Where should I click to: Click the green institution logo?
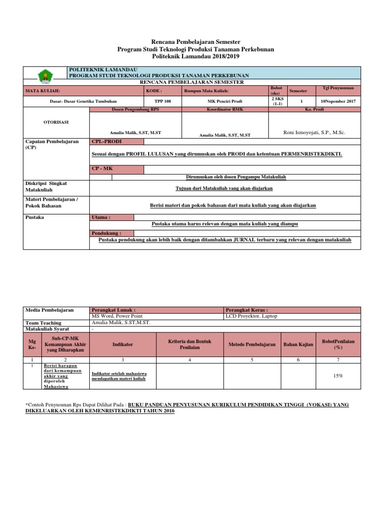click(x=45, y=76)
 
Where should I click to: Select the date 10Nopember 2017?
click(x=338, y=101)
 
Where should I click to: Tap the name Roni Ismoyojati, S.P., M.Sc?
click(x=314, y=133)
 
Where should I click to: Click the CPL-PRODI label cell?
click(x=117, y=142)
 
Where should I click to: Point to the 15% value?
click(x=338, y=375)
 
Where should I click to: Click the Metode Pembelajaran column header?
click(x=252, y=344)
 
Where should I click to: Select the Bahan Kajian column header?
click(x=298, y=344)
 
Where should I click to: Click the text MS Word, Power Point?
click(x=116, y=316)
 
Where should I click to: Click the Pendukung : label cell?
click(x=112, y=233)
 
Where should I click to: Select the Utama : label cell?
click(x=112, y=217)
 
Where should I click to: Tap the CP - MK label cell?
click(x=117, y=170)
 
